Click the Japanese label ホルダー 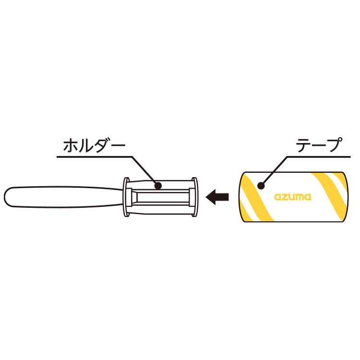point(94,146)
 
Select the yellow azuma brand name point(293,197)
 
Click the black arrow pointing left point(217,197)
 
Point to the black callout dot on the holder point(158,185)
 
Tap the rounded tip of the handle point(5,197)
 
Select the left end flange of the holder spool point(126,197)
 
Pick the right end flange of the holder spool point(194,197)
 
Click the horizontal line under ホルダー point(95,157)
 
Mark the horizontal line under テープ point(319,157)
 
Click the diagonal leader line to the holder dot point(145,171)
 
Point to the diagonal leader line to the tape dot point(274,171)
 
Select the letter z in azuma point(285,197)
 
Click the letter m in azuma point(300,197)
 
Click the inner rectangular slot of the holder point(163,197)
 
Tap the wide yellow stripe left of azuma point(257,197)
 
